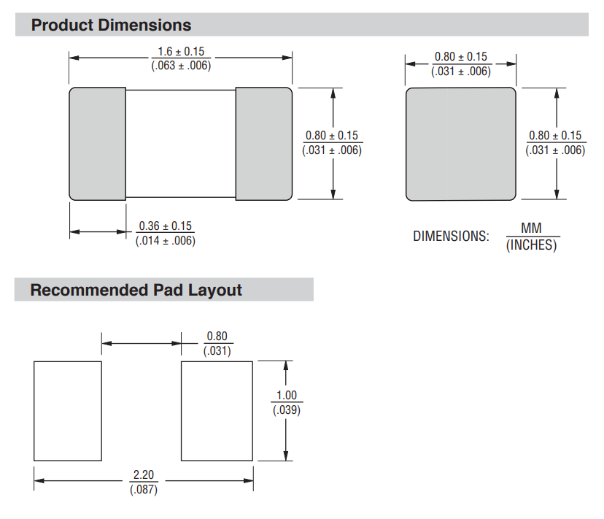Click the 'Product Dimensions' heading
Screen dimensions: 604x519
[x=111, y=25]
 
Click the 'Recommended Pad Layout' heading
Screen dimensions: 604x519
[x=136, y=290]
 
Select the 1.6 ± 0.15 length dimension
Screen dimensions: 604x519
[x=181, y=51]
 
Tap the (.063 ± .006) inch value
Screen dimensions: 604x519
[x=181, y=65]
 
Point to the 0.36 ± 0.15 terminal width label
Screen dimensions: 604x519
[x=166, y=226]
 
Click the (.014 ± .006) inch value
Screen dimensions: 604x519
[x=166, y=241]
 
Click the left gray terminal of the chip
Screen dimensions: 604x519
[x=98, y=144]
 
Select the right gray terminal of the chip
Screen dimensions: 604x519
[x=264, y=144]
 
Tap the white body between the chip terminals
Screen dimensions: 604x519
[x=181, y=144]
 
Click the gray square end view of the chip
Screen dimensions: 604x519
[x=461, y=144]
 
